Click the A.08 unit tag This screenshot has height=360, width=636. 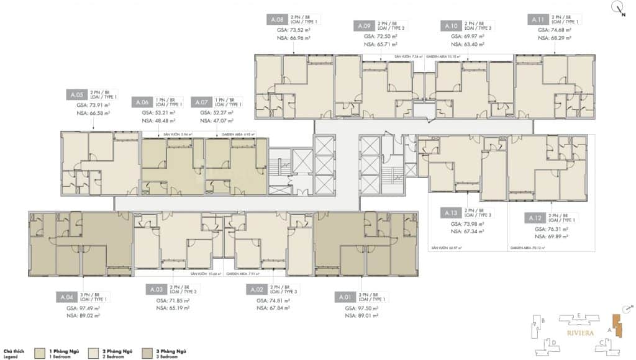(x=277, y=20)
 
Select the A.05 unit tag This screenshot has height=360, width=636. (x=76, y=95)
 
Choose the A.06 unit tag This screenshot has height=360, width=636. (x=141, y=102)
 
